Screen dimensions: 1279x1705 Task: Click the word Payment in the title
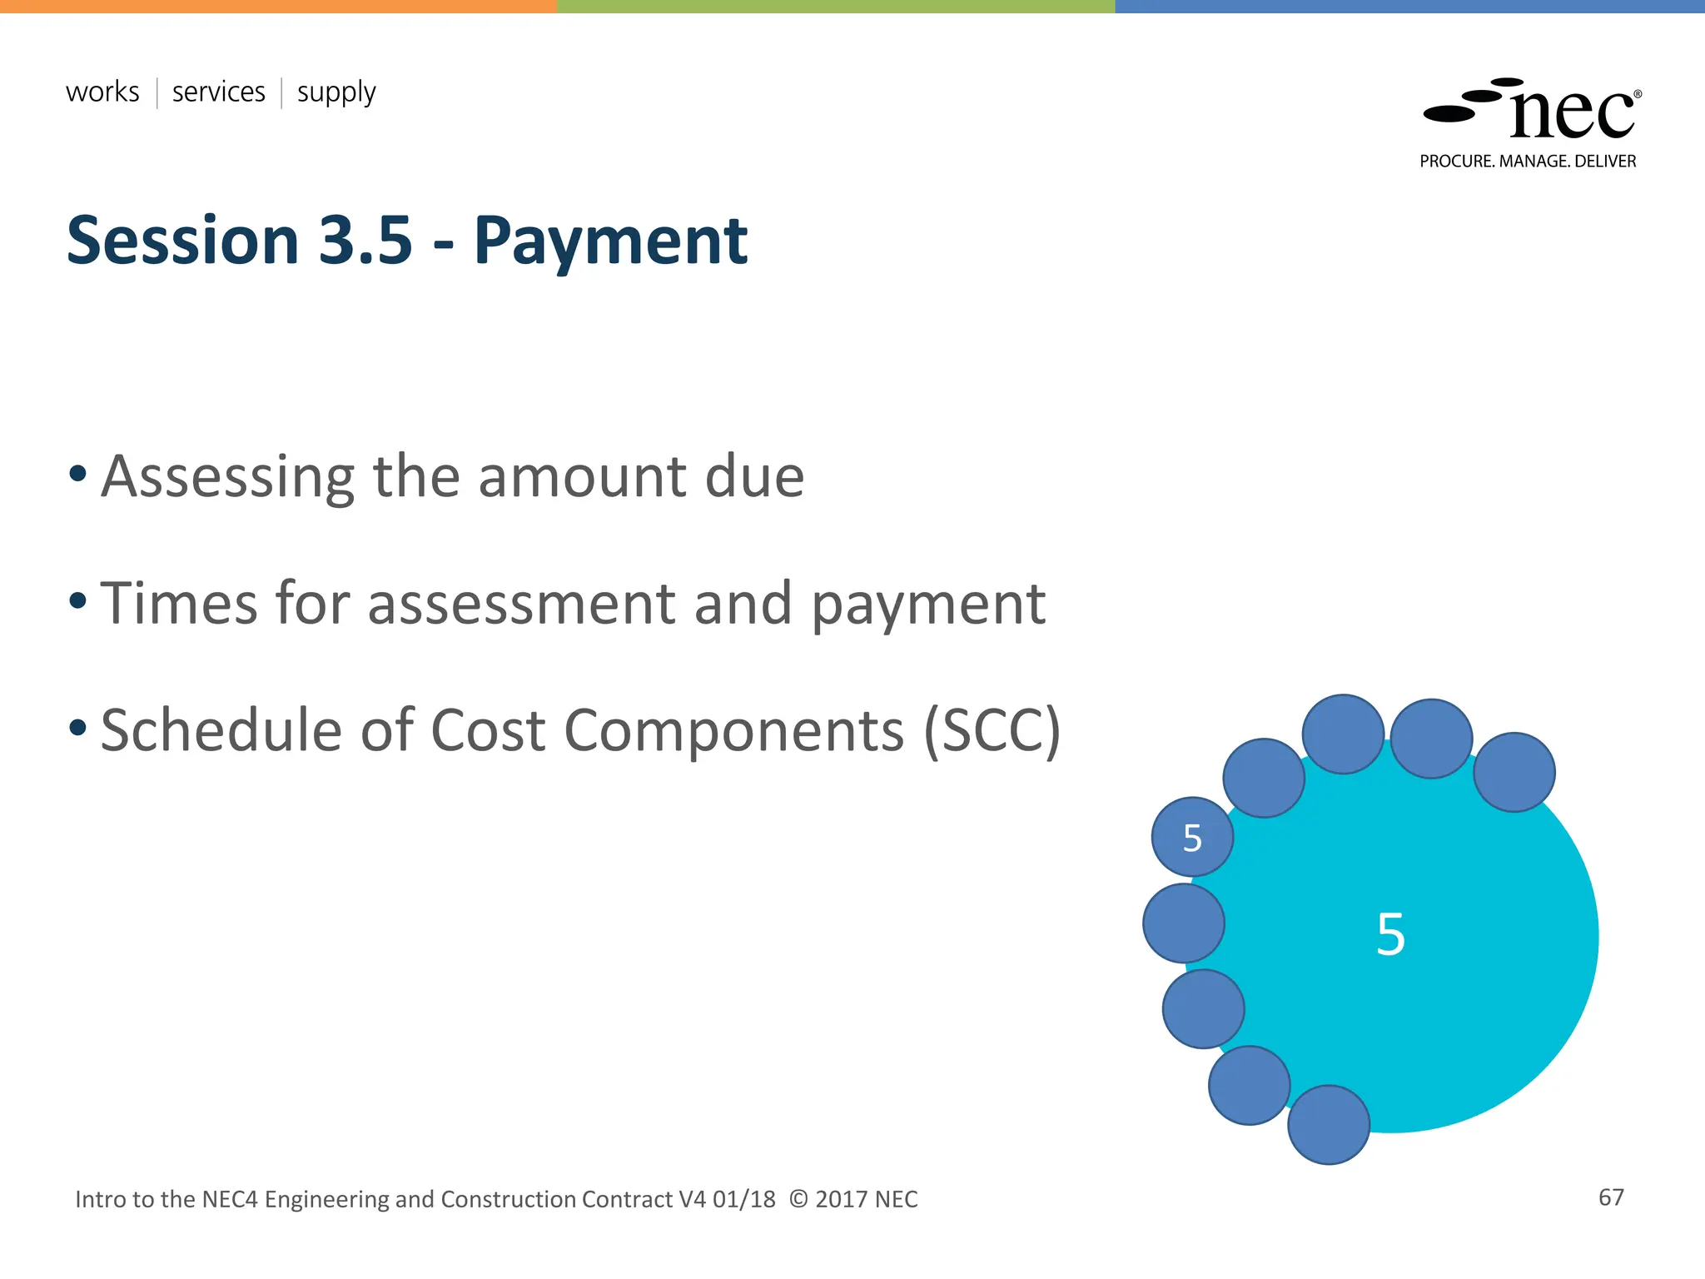pyautogui.click(x=610, y=241)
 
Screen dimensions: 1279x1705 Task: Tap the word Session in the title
pyautogui.click(x=182, y=241)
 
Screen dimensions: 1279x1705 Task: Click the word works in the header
pyautogui.click(x=102, y=92)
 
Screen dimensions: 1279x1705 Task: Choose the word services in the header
pyautogui.click(x=218, y=92)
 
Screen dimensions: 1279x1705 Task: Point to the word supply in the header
pyautogui.click(x=336, y=93)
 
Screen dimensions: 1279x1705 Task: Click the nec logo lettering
pyautogui.click(x=1571, y=114)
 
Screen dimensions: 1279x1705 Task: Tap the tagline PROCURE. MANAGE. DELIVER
pyautogui.click(x=1528, y=162)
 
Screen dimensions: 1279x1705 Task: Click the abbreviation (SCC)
pyautogui.click(x=992, y=731)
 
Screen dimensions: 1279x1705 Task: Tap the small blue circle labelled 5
pyautogui.click(x=1192, y=838)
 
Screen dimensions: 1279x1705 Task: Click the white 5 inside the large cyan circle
pyautogui.click(x=1390, y=934)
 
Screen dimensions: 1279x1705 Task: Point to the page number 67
pyautogui.click(x=1611, y=1197)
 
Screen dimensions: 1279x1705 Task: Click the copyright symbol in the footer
pyautogui.click(x=798, y=1199)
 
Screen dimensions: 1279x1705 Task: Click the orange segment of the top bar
pyautogui.click(x=278, y=6)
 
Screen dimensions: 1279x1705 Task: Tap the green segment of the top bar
pyautogui.click(x=835, y=6)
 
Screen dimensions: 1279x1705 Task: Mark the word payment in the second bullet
pyautogui.click(x=928, y=605)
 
